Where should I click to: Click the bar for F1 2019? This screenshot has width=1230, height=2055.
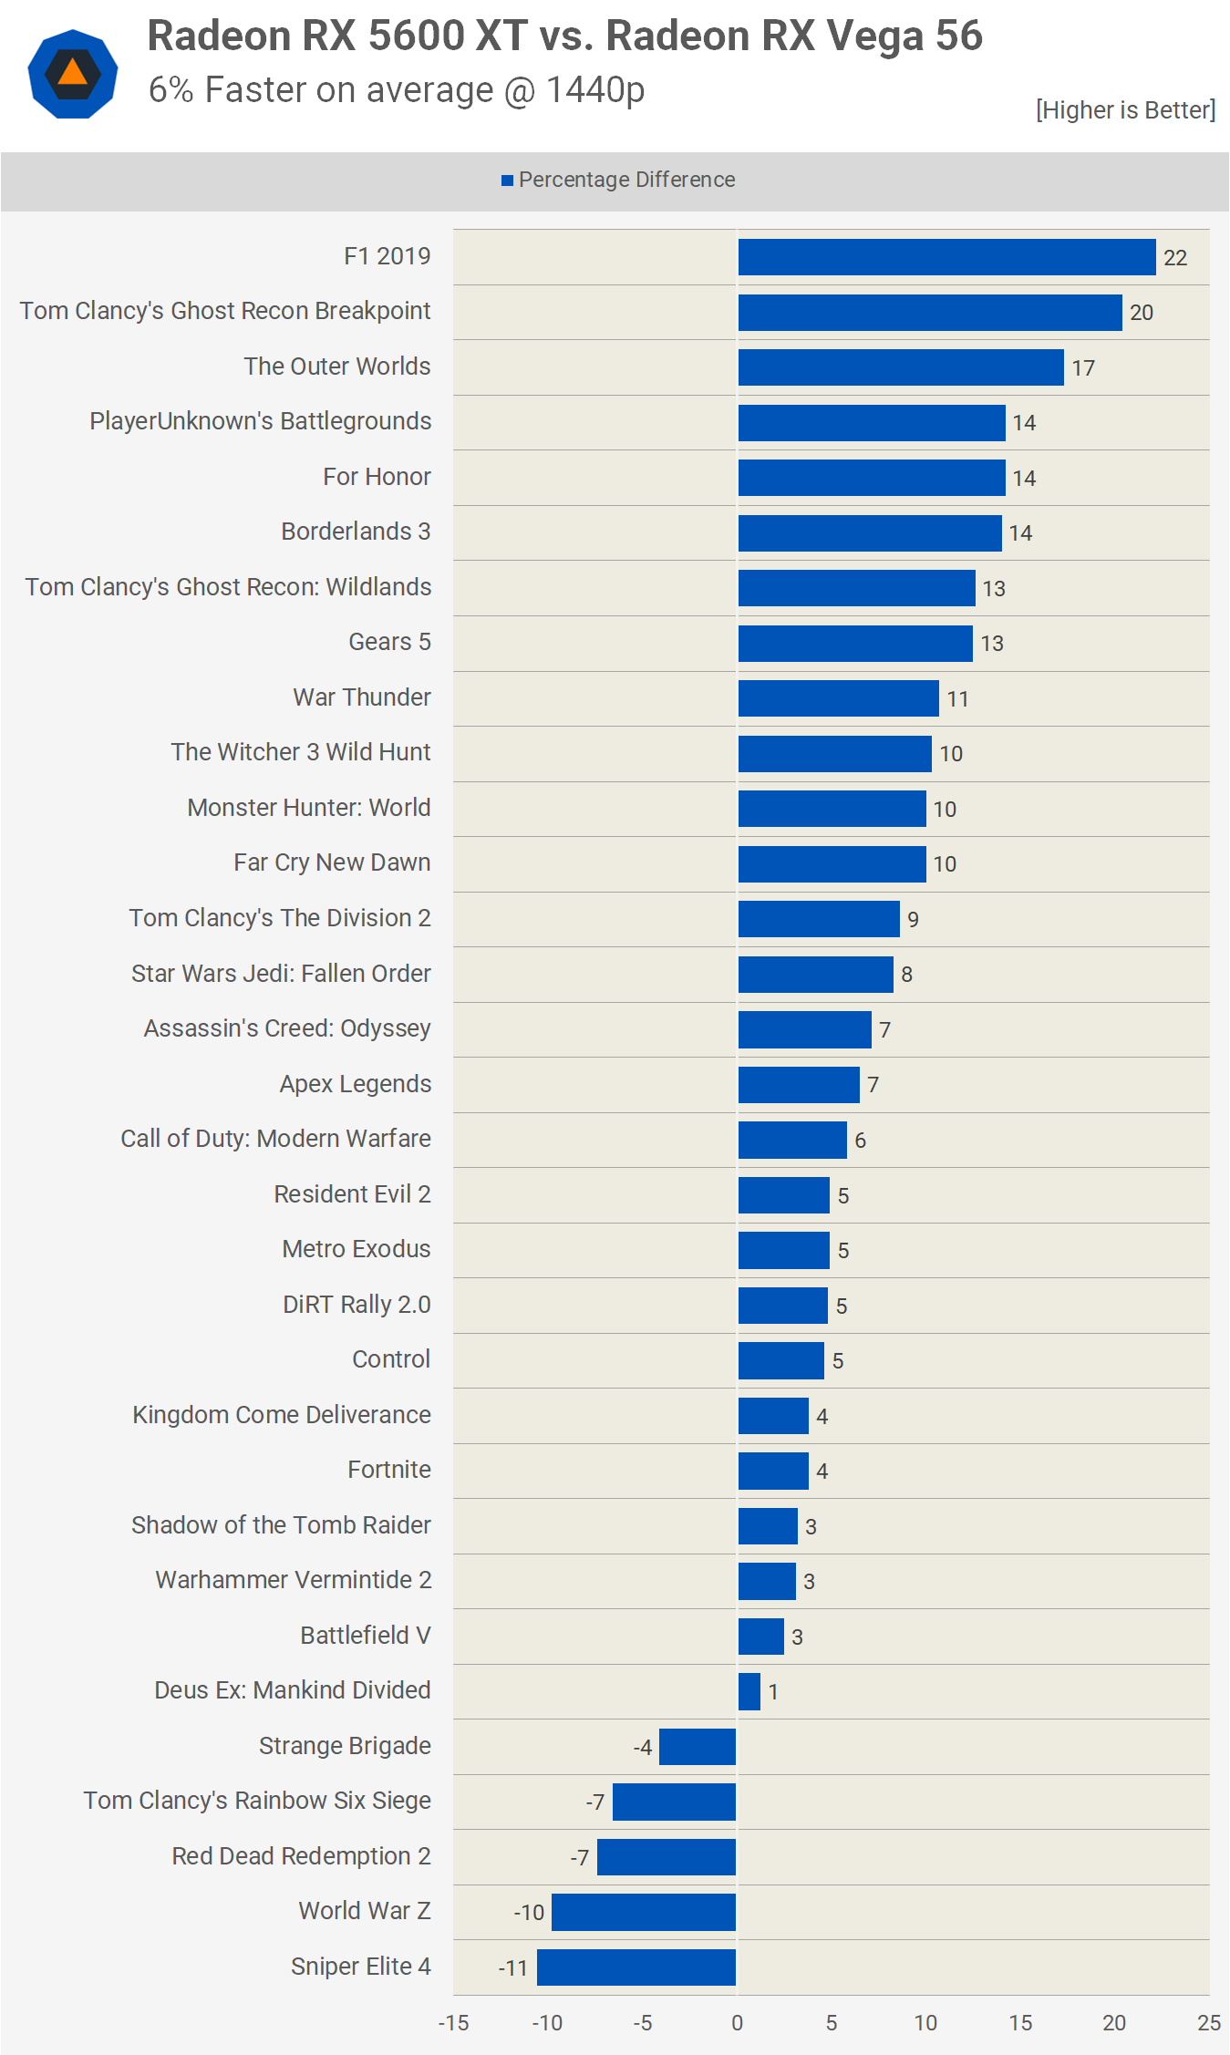(946, 257)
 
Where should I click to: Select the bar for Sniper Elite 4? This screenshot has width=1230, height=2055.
(636, 1967)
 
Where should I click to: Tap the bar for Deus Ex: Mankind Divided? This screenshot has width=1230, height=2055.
(749, 1691)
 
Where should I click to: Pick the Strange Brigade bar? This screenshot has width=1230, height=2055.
(698, 1746)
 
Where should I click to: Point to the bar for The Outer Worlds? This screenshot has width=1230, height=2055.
(901, 367)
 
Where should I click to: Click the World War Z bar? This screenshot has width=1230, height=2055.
(644, 1912)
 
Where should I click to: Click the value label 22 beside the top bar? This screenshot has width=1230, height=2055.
(1175, 258)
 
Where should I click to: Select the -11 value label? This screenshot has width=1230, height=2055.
(513, 1968)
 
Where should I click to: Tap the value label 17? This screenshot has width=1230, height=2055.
(1083, 368)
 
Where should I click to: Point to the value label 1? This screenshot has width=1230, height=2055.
(773, 1692)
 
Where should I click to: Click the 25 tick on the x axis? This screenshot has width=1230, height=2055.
(1209, 2023)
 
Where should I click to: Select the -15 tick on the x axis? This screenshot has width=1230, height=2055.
(453, 2023)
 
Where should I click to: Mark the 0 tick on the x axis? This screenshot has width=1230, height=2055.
(737, 2023)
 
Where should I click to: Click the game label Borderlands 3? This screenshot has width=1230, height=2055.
(356, 532)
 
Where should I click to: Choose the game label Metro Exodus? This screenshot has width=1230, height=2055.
(356, 1249)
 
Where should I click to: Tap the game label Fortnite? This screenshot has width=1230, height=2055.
(389, 1470)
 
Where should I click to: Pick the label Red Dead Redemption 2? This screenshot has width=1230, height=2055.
(301, 1856)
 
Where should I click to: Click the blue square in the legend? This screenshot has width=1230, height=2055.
(507, 181)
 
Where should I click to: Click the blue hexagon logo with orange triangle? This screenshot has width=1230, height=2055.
(73, 74)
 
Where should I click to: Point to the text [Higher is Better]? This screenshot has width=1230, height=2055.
(1125, 110)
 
